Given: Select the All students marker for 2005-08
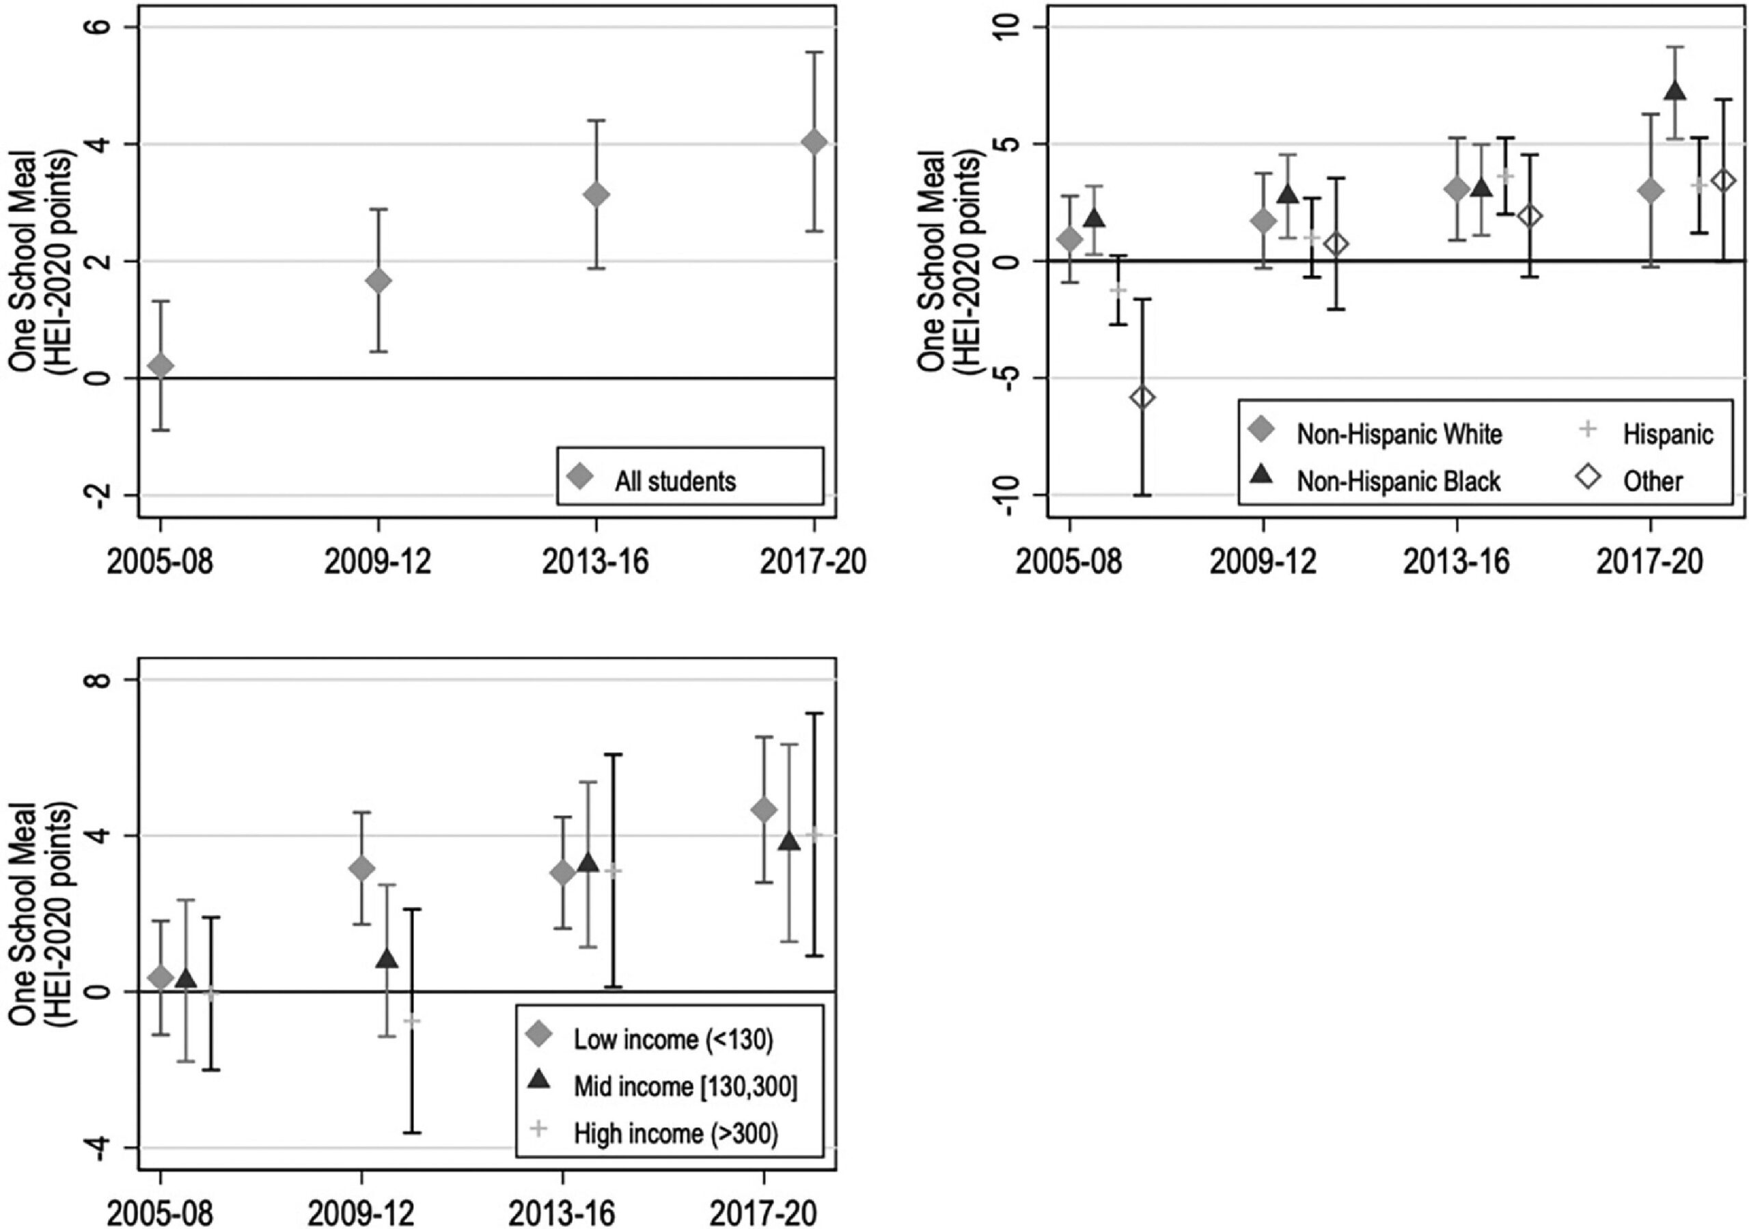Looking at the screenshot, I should [161, 365].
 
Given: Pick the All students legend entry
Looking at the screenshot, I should [675, 481].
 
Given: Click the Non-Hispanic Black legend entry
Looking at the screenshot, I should [1398, 481].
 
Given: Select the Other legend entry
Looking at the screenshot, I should [1652, 481].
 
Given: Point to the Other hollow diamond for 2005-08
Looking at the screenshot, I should [1142, 397].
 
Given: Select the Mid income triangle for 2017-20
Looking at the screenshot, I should [789, 841].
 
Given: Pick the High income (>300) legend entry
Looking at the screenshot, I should [676, 1133].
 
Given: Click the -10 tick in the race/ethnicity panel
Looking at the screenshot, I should [1007, 495].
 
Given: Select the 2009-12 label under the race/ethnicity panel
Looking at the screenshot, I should [1263, 562].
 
